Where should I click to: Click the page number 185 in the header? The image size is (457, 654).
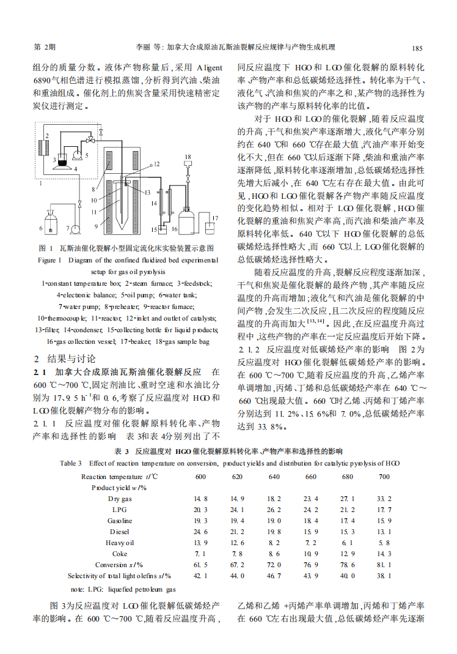(417, 48)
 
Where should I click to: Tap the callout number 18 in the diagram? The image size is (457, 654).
(188, 157)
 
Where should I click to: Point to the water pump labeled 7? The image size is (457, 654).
(76, 229)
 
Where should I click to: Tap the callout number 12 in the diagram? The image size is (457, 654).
(156, 164)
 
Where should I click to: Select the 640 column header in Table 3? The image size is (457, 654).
(274, 477)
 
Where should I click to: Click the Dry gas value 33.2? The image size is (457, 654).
(384, 499)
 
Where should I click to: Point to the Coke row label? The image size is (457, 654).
(120, 554)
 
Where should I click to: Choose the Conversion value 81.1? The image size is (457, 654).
(384, 565)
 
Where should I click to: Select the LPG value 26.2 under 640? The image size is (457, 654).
(274, 510)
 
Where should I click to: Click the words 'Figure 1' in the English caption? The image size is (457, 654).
(50, 260)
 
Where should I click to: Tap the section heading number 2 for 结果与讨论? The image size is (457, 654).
(36, 359)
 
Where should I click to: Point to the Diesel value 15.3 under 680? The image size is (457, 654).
(348, 532)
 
